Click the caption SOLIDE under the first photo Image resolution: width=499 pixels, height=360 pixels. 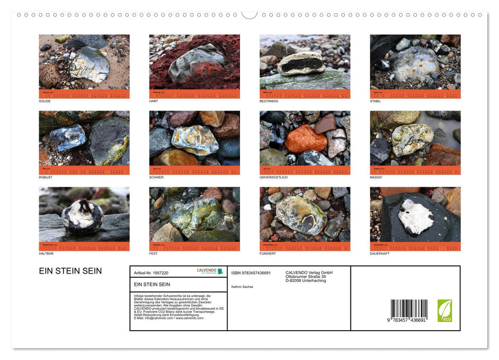(45, 101)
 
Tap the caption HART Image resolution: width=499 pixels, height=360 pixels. (154, 101)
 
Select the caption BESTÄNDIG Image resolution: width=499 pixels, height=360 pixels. (269, 101)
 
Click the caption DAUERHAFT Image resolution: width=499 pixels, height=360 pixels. (380, 254)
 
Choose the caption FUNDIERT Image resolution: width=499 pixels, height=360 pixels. (268, 254)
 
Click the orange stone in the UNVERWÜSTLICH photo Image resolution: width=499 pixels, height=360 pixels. (306, 139)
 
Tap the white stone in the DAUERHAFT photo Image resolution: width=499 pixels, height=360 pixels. (415, 216)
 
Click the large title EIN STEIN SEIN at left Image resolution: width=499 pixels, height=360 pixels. (70, 271)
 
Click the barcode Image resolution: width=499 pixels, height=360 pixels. (409, 311)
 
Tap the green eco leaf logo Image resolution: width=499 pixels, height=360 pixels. (445, 311)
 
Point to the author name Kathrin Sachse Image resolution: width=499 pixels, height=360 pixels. (242, 286)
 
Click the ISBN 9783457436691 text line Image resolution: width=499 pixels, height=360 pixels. (251, 273)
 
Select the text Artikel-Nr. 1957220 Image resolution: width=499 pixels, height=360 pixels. (151, 273)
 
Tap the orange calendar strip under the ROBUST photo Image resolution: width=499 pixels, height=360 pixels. (84, 170)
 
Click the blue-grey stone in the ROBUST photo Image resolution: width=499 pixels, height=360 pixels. (67, 137)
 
